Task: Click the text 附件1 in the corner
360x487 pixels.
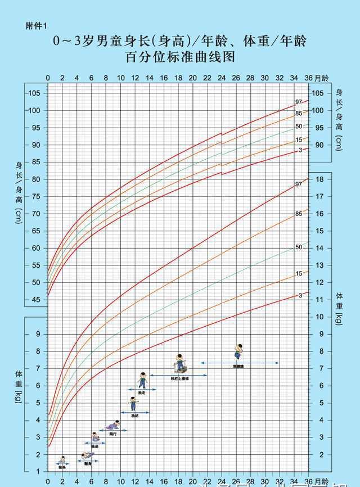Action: point(35,25)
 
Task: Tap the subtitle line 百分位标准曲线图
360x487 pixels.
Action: point(180,57)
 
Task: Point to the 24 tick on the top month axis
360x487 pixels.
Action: point(221,78)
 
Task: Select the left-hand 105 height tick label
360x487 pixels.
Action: point(35,93)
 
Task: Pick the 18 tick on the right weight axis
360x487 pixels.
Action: point(318,179)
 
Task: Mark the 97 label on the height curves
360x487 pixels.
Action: point(299,102)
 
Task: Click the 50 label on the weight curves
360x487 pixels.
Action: point(299,247)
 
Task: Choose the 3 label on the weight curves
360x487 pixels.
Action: point(300,295)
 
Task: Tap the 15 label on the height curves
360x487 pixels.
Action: point(299,139)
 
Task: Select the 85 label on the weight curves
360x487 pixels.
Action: point(299,214)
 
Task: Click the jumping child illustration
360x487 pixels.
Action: point(239,351)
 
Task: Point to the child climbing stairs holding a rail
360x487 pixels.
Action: point(180,363)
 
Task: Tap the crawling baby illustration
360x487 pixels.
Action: point(113,425)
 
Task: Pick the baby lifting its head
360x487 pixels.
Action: point(62,460)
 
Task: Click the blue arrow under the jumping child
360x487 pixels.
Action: point(240,363)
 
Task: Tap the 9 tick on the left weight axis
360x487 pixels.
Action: point(39,334)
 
